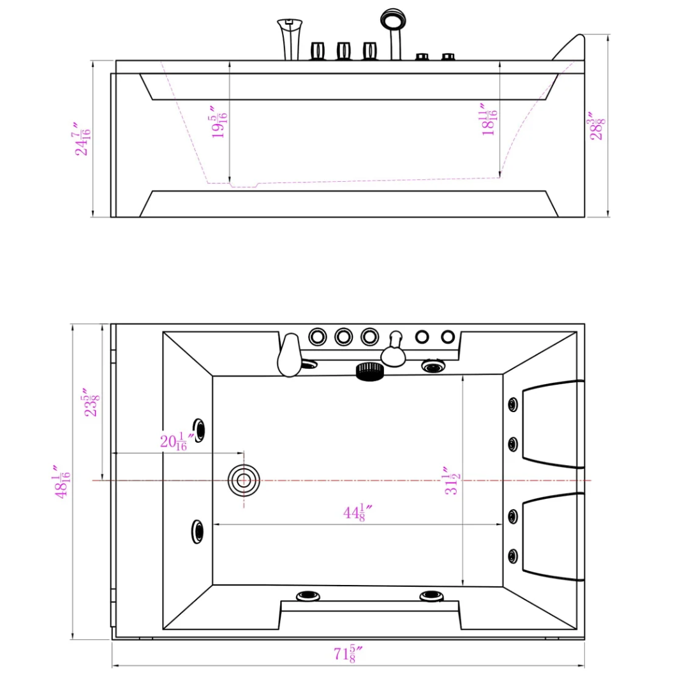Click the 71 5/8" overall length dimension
tap(348, 654)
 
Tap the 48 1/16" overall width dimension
tap(63, 482)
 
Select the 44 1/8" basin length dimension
tap(358, 512)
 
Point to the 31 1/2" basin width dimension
tap(452, 480)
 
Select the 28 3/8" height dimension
tap(596, 126)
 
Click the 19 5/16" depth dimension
tap(219, 122)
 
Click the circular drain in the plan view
tap(244, 480)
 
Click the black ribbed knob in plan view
tap(369, 371)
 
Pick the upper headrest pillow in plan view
tap(552, 424)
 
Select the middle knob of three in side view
tap(343, 51)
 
